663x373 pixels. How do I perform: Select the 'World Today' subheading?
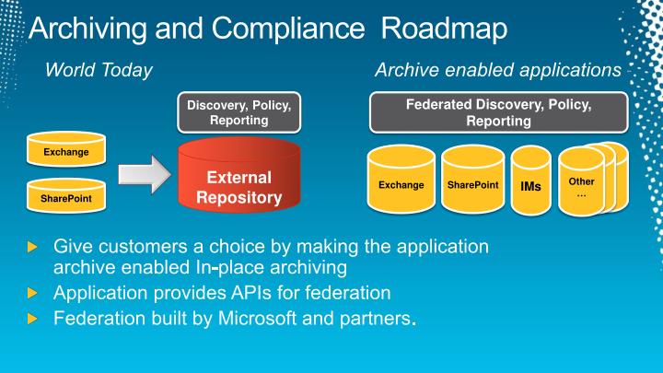[x=99, y=70]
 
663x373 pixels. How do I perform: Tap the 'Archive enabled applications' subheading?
[x=497, y=70]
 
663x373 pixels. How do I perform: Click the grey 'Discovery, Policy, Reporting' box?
[x=238, y=112]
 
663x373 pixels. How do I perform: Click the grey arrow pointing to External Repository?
[x=143, y=172]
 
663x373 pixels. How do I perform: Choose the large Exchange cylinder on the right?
[x=401, y=185]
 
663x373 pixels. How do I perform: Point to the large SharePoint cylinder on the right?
[x=472, y=185]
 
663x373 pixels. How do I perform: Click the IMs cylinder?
[x=531, y=186]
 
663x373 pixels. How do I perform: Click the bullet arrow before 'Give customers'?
[x=34, y=248]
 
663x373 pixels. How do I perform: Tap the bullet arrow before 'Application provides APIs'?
[x=34, y=294]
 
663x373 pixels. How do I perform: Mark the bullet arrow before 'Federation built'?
[x=34, y=320]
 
